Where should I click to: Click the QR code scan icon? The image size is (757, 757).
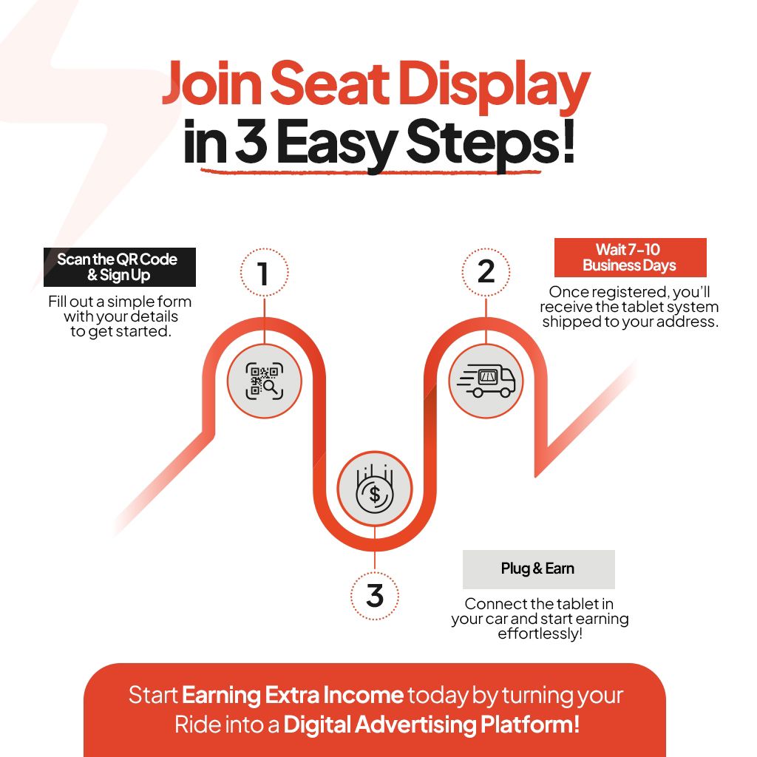pos(264,381)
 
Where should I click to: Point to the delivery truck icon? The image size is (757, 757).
pos(486,381)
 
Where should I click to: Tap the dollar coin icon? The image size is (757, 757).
pos(375,489)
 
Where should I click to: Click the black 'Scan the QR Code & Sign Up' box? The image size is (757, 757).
pos(120,267)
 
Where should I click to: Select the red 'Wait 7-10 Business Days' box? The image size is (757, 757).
pos(630,257)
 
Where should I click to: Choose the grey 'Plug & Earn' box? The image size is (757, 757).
pos(539,569)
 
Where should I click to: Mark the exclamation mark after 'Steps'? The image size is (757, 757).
pos(569,140)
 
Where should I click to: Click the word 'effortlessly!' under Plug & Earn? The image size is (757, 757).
pos(540,634)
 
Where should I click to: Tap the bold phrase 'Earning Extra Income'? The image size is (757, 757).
pos(293,695)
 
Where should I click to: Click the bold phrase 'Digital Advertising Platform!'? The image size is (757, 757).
pos(432,725)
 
